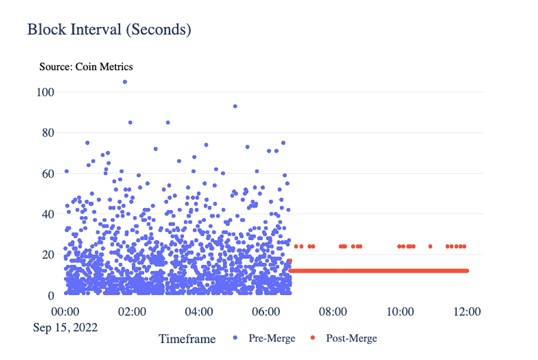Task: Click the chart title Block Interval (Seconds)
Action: [109, 29]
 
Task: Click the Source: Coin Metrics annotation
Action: [86, 67]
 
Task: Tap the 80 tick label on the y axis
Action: [48, 133]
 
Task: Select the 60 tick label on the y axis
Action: [48, 173]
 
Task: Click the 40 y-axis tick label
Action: [48, 214]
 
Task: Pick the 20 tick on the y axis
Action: [48, 255]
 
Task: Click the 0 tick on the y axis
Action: [51, 295]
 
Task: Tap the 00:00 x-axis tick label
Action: [65, 311]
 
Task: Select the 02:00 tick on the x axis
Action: [132, 311]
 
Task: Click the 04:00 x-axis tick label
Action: [199, 311]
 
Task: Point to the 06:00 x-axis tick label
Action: [266, 311]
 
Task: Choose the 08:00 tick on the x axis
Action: [333, 311]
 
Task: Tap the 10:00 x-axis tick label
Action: [400, 311]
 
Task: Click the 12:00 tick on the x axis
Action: [467, 311]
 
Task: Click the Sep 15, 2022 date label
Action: [65, 327]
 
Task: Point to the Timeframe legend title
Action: [187, 339]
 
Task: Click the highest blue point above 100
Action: [125, 81]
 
